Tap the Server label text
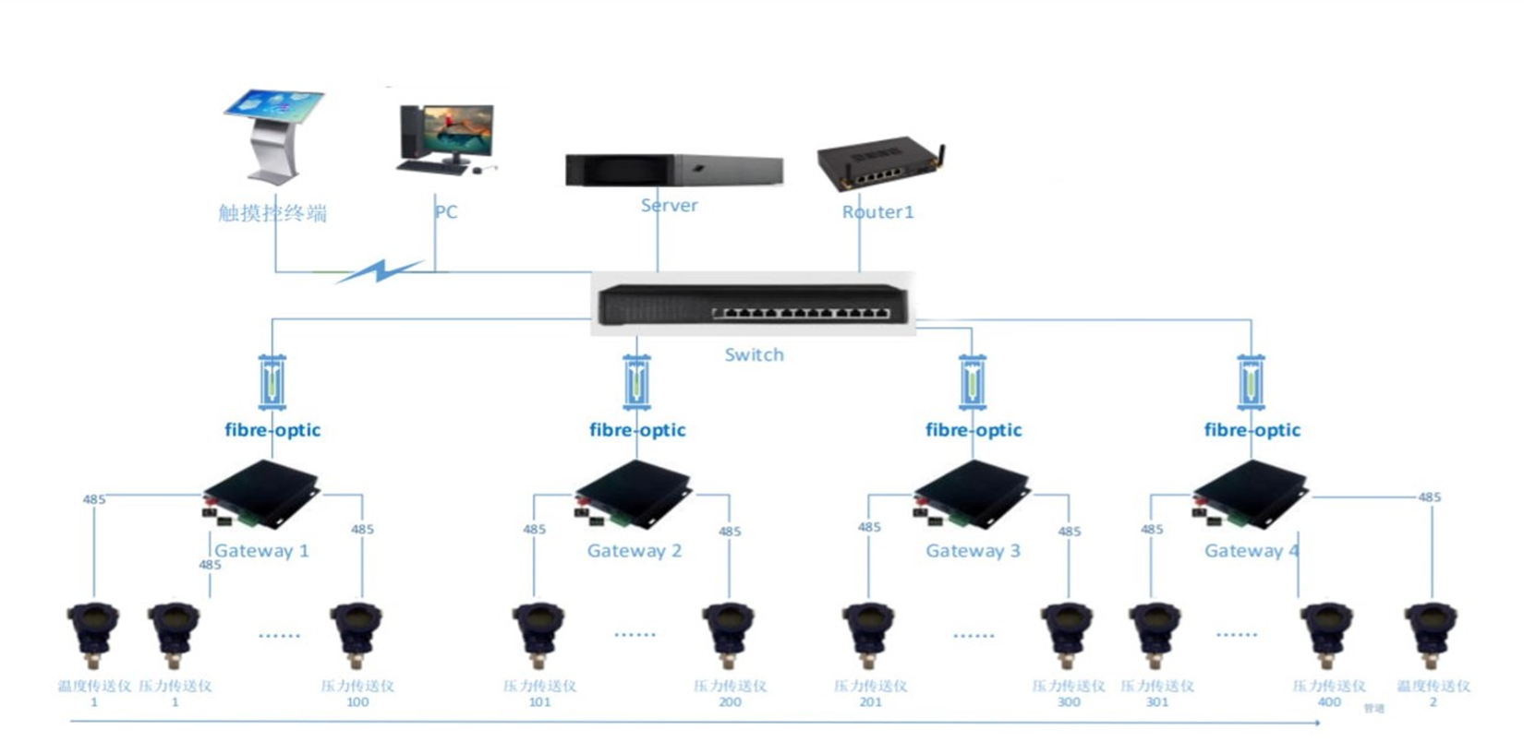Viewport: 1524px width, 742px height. coord(669,206)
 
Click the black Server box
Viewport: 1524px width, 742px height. coord(673,171)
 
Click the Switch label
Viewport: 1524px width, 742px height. coord(754,355)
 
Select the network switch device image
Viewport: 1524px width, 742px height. coord(753,304)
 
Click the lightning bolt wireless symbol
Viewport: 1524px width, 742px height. coord(380,271)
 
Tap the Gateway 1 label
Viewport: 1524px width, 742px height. coord(261,551)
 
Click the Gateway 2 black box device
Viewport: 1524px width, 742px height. coord(634,495)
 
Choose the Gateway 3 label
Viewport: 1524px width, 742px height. coord(973,551)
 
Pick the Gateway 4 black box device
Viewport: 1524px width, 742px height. coord(1251,495)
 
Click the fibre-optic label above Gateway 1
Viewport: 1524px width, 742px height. coord(272,430)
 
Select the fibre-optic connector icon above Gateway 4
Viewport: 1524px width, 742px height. coord(1251,382)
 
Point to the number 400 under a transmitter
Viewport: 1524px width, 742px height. coord(1328,702)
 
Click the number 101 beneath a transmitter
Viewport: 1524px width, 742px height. coord(539,702)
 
